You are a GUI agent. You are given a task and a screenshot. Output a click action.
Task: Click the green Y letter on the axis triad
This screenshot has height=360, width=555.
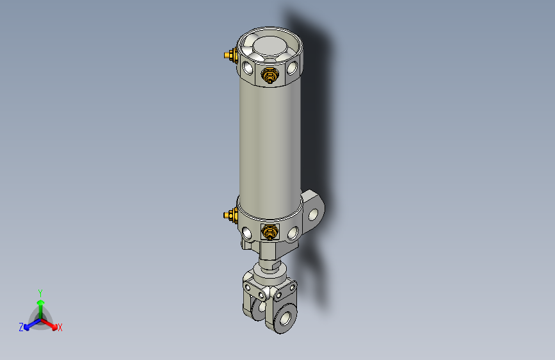point(40,293)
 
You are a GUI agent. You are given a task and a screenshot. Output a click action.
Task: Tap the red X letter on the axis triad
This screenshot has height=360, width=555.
point(60,327)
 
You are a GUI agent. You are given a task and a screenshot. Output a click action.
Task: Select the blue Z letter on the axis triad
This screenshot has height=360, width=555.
point(21,327)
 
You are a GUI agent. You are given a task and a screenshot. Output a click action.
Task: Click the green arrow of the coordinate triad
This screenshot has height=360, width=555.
point(40,305)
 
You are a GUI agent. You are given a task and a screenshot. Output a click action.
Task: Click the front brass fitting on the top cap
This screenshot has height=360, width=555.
point(270,76)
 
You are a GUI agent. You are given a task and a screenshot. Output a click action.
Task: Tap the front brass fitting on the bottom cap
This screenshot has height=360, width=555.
point(269,232)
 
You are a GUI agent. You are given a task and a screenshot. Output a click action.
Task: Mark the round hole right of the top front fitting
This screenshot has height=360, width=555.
point(293,67)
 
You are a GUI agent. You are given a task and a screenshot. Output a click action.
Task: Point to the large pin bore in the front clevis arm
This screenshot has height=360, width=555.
point(284,318)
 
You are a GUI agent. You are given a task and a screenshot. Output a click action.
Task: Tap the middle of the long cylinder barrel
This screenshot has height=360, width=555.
point(269,141)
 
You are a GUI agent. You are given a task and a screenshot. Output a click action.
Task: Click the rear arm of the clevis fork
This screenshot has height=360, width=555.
point(251,299)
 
